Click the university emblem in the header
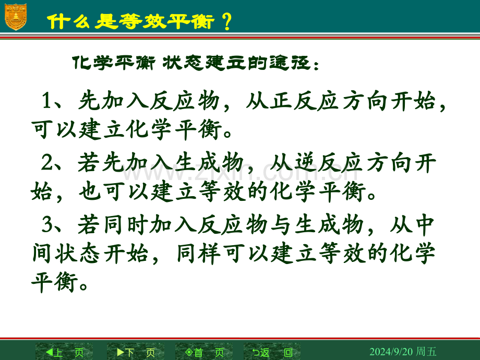(x=16, y=17)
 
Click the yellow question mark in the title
(x=227, y=21)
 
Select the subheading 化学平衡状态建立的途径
(x=191, y=63)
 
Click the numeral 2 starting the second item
(x=47, y=162)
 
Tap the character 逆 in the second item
(x=306, y=162)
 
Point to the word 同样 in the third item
(x=199, y=254)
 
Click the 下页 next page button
(x=136, y=352)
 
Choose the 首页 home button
(x=204, y=352)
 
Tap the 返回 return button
(x=272, y=352)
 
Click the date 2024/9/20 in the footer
(x=391, y=352)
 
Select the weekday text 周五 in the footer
(x=426, y=351)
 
